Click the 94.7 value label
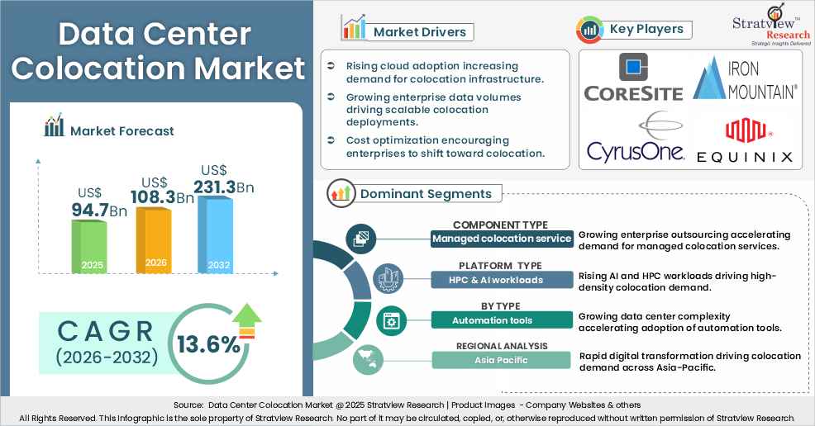click(x=90, y=211)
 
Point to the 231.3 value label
click(x=215, y=187)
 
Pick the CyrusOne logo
click(x=635, y=139)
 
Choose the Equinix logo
click(x=745, y=141)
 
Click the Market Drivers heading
click(x=419, y=32)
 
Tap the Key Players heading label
click(x=646, y=30)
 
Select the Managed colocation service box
click(x=502, y=239)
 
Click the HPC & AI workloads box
click(x=502, y=280)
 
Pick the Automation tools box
click(x=502, y=320)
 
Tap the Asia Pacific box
click(x=502, y=360)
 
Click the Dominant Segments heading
click(x=426, y=194)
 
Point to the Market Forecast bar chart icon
click(x=54, y=127)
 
